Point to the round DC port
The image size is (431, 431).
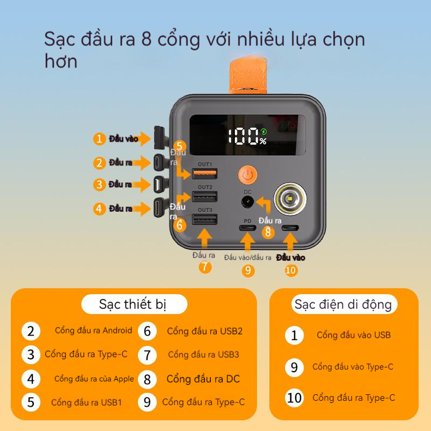[x=247, y=203]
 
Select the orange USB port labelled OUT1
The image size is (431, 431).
[x=205, y=174]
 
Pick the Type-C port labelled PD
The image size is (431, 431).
[x=247, y=228]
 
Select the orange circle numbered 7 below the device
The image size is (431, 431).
[x=205, y=267]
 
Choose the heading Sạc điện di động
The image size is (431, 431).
[x=343, y=304]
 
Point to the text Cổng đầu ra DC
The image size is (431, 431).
[x=203, y=379]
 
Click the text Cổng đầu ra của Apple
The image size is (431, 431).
[x=94, y=379]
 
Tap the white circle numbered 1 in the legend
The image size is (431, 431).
[x=294, y=335]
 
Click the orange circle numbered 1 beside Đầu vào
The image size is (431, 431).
[x=99, y=139]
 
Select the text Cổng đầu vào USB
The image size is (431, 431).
[x=353, y=335]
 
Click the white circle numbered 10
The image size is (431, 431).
[x=294, y=398]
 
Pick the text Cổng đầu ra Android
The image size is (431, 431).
[x=93, y=330]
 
